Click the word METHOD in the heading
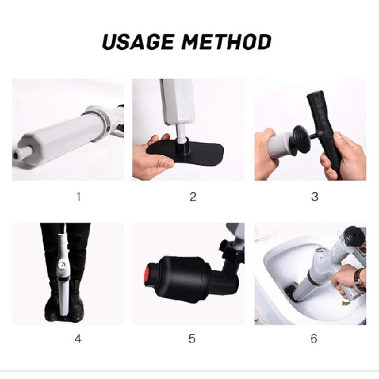point(226,41)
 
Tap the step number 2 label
point(192,197)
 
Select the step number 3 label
point(312,197)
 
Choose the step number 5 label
point(192,338)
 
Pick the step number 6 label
point(312,338)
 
